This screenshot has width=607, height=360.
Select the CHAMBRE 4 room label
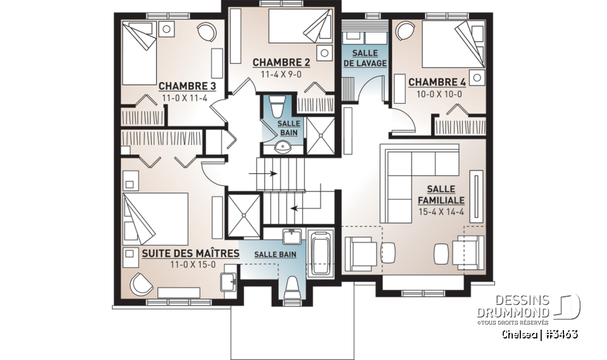437,82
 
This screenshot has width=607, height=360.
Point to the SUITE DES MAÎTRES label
190,254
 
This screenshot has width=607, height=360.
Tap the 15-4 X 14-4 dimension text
441,213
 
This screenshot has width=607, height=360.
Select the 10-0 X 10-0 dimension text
437,94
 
